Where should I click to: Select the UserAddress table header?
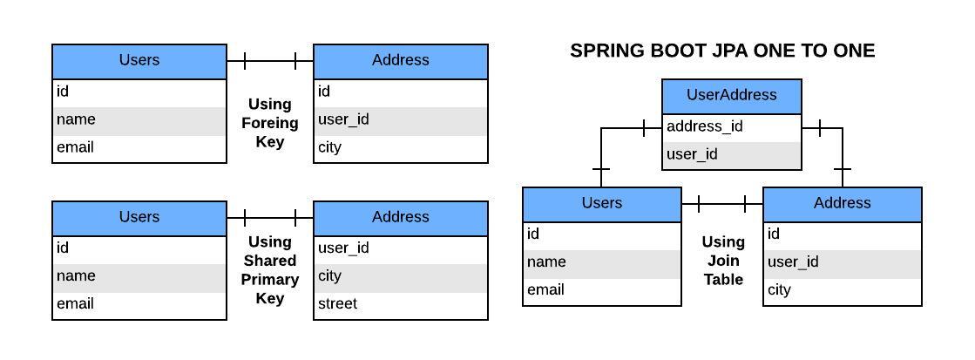pos(731,96)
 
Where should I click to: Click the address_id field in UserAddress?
pos(704,127)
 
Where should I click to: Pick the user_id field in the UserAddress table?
pos(692,155)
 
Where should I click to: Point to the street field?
pos(337,304)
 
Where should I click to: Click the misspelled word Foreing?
pos(269,123)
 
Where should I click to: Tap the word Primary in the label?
pos(269,280)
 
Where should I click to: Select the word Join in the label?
pos(723,261)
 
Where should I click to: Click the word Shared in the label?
pos(269,261)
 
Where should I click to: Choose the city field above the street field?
pos(329,276)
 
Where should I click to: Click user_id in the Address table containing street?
pos(343,248)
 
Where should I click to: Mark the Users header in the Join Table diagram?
pos(601,203)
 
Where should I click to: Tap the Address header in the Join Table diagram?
pos(842,203)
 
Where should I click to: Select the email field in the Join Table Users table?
pos(545,290)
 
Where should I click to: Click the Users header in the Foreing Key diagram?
pos(139,60)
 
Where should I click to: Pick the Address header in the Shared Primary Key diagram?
pos(400,217)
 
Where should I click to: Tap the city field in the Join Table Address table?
pos(779,290)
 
